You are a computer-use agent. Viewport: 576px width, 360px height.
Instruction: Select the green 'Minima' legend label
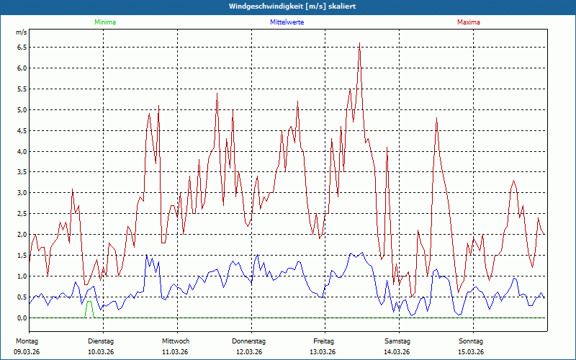click(x=104, y=22)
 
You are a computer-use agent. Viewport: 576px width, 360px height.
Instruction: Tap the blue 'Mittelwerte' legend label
click(x=287, y=22)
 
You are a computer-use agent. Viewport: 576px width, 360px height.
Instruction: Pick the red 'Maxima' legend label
click(x=469, y=22)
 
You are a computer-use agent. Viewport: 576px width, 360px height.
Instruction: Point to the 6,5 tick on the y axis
click(x=21, y=48)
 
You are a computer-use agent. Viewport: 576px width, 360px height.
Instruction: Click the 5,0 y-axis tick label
click(x=21, y=110)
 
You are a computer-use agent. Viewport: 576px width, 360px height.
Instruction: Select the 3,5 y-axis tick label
click(x=21, y=173)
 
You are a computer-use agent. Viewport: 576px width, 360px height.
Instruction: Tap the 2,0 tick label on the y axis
click(x=21, y=235)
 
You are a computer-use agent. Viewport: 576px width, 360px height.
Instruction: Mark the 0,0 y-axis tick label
click(x=21, y=318)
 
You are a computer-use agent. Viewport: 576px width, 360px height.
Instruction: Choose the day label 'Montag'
click(x=27, y=341)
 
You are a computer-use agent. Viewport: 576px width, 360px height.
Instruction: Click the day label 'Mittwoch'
click(x=176, y=341)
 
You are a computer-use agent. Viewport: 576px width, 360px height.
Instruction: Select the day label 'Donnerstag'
click(x=249, y=341)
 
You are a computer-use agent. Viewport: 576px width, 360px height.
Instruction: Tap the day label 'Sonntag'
click(x=471, y=341)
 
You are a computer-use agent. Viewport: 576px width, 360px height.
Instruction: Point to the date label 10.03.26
click(x=101, y=351)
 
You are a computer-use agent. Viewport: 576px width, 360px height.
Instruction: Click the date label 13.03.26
click(x=323, y=351)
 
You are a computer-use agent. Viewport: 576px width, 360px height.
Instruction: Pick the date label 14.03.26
click(x=397, y=351)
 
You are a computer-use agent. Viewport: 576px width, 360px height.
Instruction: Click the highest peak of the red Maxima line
click(x=359, y=44)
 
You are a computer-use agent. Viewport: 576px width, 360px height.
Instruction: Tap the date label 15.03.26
click(x=471, y=351)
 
